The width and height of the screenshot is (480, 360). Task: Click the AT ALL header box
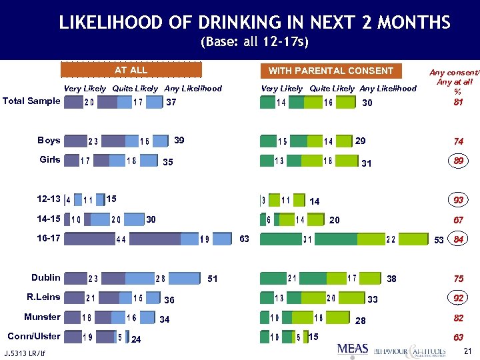[131, 70]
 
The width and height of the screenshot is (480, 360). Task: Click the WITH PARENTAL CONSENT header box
[331, 71]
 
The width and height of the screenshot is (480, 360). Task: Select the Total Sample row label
[31, 101]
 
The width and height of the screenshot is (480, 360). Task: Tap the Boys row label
[49, 141]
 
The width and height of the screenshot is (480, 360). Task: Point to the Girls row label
[50, 160]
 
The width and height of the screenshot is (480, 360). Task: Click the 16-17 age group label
[48, 238]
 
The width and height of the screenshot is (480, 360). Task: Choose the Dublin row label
[46, 277]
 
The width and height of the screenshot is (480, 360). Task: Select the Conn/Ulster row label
[33, 336]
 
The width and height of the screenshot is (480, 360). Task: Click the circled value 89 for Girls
[458, 161]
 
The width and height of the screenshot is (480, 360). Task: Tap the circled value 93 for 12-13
[458, 200]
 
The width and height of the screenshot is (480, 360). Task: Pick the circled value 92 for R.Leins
[458, 298]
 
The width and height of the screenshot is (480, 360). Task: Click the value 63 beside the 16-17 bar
[245, 239]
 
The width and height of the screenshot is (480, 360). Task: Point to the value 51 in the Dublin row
[213, 278]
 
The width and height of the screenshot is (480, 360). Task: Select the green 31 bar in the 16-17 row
[307, 239]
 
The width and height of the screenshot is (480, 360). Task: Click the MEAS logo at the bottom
[353, 348]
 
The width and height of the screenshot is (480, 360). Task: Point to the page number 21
[467, 351]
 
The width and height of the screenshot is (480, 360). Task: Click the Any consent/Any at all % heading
[455, 82]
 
